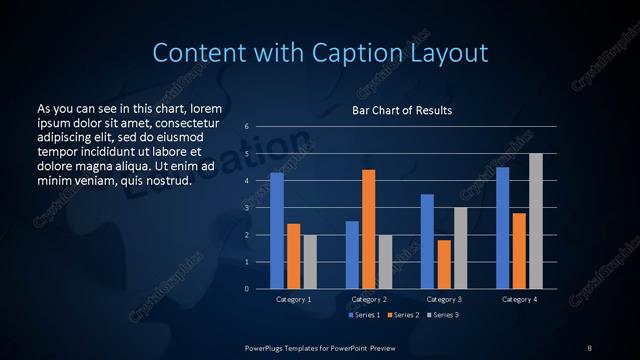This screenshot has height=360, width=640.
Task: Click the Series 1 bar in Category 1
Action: coord(277,231)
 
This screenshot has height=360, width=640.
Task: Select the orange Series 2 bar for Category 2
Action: coord(368,229)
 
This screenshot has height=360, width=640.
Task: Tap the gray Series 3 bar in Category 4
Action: coord(536,221)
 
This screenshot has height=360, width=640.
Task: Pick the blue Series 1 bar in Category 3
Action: coord(427,241)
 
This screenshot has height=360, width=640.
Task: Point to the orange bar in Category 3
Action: coord(443,264)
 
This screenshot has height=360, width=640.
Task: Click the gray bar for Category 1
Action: coord(309,262)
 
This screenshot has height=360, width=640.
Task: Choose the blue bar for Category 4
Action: coord(502,228)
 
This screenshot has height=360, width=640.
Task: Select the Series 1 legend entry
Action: coord(364,315)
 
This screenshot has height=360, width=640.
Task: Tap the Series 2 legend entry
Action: coord(402,315)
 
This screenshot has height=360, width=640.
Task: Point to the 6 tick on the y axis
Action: coord(246,127)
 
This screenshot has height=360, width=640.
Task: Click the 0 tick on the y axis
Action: coord(246,289)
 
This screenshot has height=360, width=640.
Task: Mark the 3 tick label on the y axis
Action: coord(246,208)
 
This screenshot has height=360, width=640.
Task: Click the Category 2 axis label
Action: coord(368,299)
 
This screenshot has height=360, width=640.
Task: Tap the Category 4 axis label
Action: coord(519,299)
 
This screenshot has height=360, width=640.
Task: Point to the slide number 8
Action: coord(590,347)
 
